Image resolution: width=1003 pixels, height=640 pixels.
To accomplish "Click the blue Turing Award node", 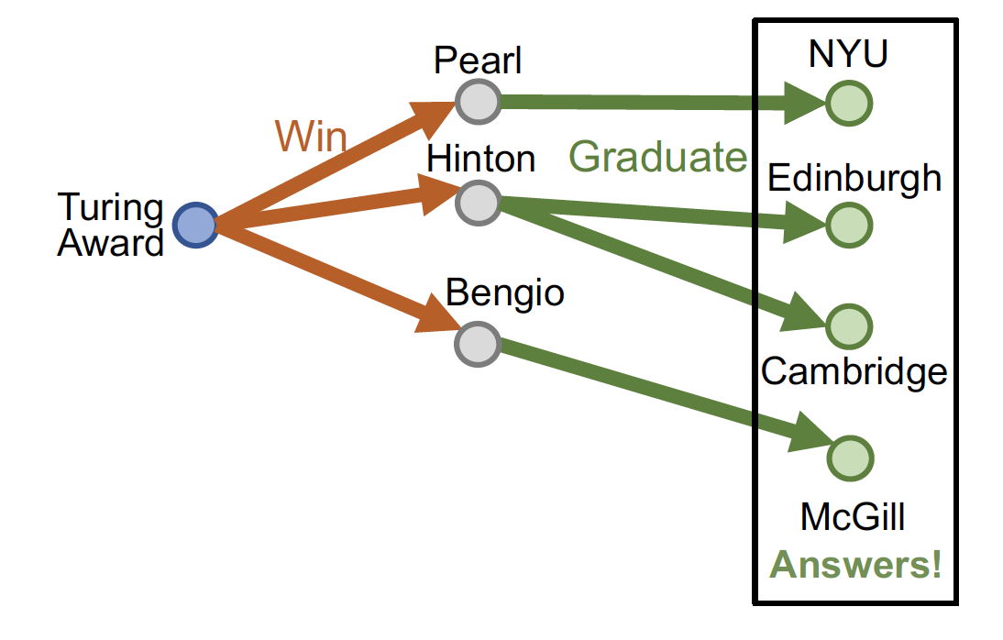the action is [195, 225].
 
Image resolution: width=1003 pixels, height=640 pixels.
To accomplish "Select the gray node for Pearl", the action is [478, 101].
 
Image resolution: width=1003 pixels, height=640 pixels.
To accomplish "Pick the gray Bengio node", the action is [478, 344].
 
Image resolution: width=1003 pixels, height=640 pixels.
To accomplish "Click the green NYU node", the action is [848, 103].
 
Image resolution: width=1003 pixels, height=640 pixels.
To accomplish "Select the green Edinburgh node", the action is [848, 225].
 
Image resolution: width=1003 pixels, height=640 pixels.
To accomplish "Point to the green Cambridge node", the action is [848, 326].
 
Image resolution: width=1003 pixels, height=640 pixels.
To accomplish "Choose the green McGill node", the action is [848, 458].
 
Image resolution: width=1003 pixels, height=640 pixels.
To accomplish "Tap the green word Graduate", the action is [658, 158].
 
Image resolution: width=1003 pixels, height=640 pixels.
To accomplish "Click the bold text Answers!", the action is [855, 565].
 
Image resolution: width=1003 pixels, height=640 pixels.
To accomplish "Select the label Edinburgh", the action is [854, 178].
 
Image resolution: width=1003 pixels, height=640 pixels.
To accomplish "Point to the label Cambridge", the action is [854, 371].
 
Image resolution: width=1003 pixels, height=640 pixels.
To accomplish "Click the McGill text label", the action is [853, 517].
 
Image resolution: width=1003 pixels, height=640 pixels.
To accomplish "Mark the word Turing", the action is [110, 208].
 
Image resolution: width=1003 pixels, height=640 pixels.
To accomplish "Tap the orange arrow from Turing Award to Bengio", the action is [330, 276].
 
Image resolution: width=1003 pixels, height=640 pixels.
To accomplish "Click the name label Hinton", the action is [481, 159].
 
